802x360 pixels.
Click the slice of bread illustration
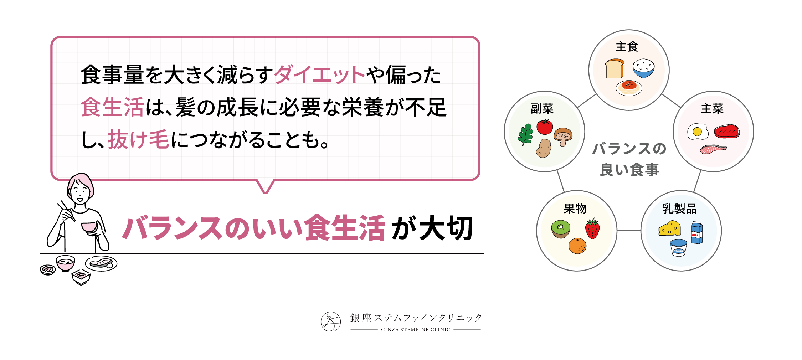(615, 69)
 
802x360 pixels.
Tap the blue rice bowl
(643, 68)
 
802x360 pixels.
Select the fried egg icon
(698, 132)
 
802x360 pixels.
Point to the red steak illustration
(727, 132)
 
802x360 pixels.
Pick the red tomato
(545, 127)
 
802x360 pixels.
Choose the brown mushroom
(563, 137)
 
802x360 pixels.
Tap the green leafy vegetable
(525, 135)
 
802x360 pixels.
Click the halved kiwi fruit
(561, 229)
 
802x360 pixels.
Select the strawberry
(592, 228)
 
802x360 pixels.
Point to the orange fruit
(577, 246)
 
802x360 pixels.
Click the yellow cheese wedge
(669, 228)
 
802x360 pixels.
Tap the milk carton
(697, 233)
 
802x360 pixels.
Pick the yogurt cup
(678, 248)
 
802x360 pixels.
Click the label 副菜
(542, 108)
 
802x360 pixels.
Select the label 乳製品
(680, 209)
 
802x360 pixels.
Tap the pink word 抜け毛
(138, 139)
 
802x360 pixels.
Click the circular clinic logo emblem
(331, 322)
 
